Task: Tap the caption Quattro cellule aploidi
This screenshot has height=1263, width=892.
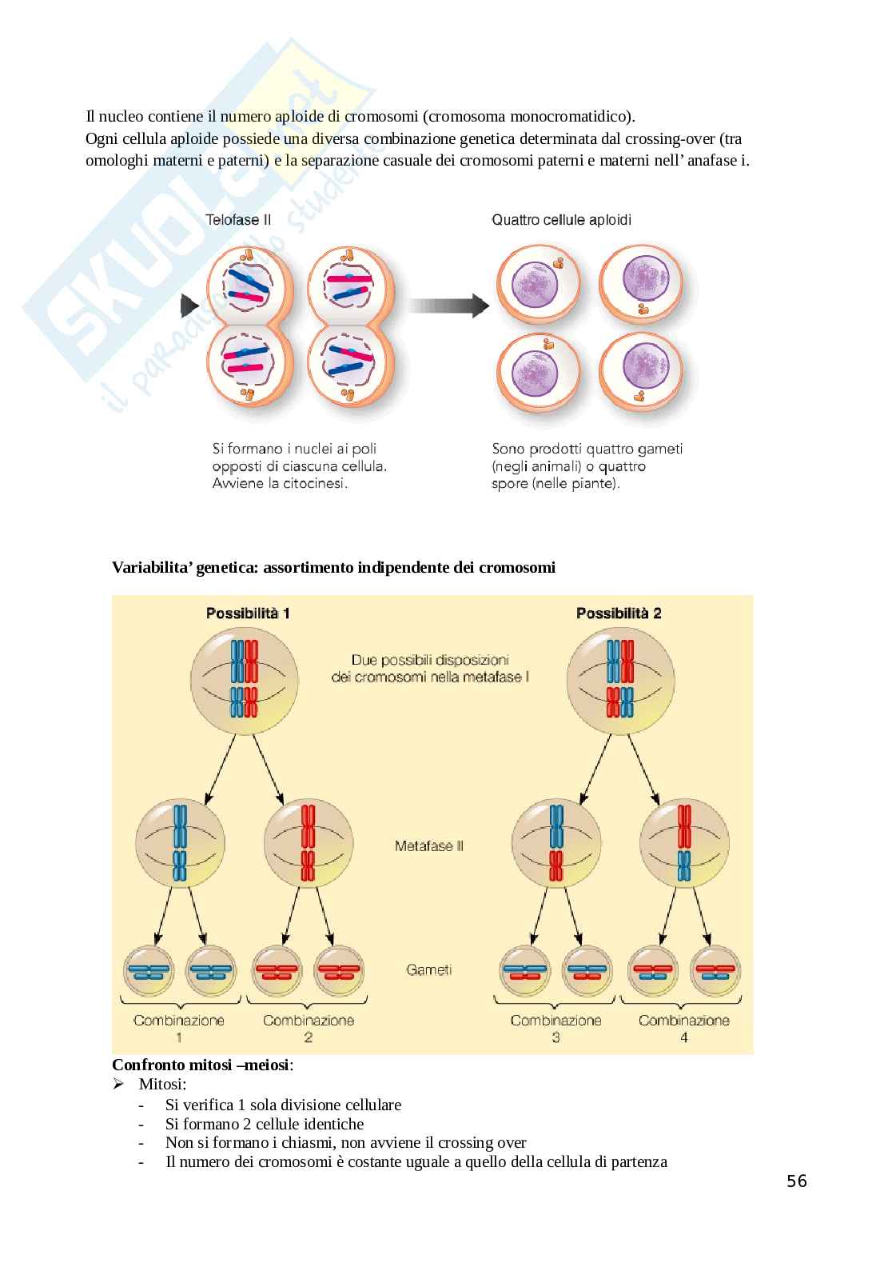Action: click(x=561, y=219)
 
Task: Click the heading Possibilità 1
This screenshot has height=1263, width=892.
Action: click(x=248, y=614)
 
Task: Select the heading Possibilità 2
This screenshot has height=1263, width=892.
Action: click(x=619, y=614)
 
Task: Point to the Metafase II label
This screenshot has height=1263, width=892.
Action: click(x=428, y=845)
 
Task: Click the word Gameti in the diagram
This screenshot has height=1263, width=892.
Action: click(x=428, y=969)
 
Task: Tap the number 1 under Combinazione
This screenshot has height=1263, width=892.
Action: click(x=179, y=1037)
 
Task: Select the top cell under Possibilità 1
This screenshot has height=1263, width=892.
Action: click(x=244, y=680)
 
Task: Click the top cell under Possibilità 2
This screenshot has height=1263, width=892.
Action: click(x=619, y=680)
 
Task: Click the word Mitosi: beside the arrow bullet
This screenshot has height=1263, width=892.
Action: click(x=162, y=1085)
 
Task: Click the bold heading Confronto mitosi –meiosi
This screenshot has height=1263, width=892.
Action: click(x=202, y=1065)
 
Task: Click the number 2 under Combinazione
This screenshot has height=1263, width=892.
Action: click(x=309, y=1037)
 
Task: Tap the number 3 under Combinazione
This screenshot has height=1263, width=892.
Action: click(x=556, y=1037)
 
